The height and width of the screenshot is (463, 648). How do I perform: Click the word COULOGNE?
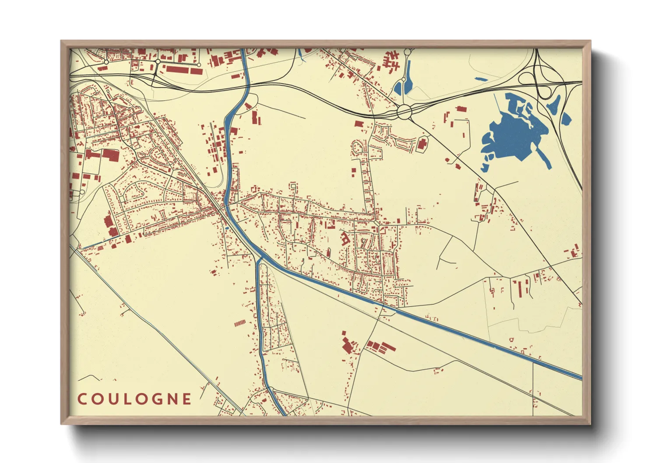(x=134, y=399)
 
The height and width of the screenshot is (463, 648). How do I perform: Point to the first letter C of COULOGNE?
(x=82, y=399)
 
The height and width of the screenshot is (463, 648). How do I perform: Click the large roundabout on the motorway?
(x=405, y=111)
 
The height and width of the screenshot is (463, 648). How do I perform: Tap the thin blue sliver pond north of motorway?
(x=480, y=79)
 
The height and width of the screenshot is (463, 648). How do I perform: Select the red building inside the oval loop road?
(x=422, y=144)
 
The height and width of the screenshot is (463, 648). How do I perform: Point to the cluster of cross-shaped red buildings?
(x=391, y=60)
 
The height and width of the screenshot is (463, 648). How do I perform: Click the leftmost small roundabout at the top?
(x=106, y=63)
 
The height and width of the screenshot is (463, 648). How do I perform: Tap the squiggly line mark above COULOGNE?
(x=90, y=377)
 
